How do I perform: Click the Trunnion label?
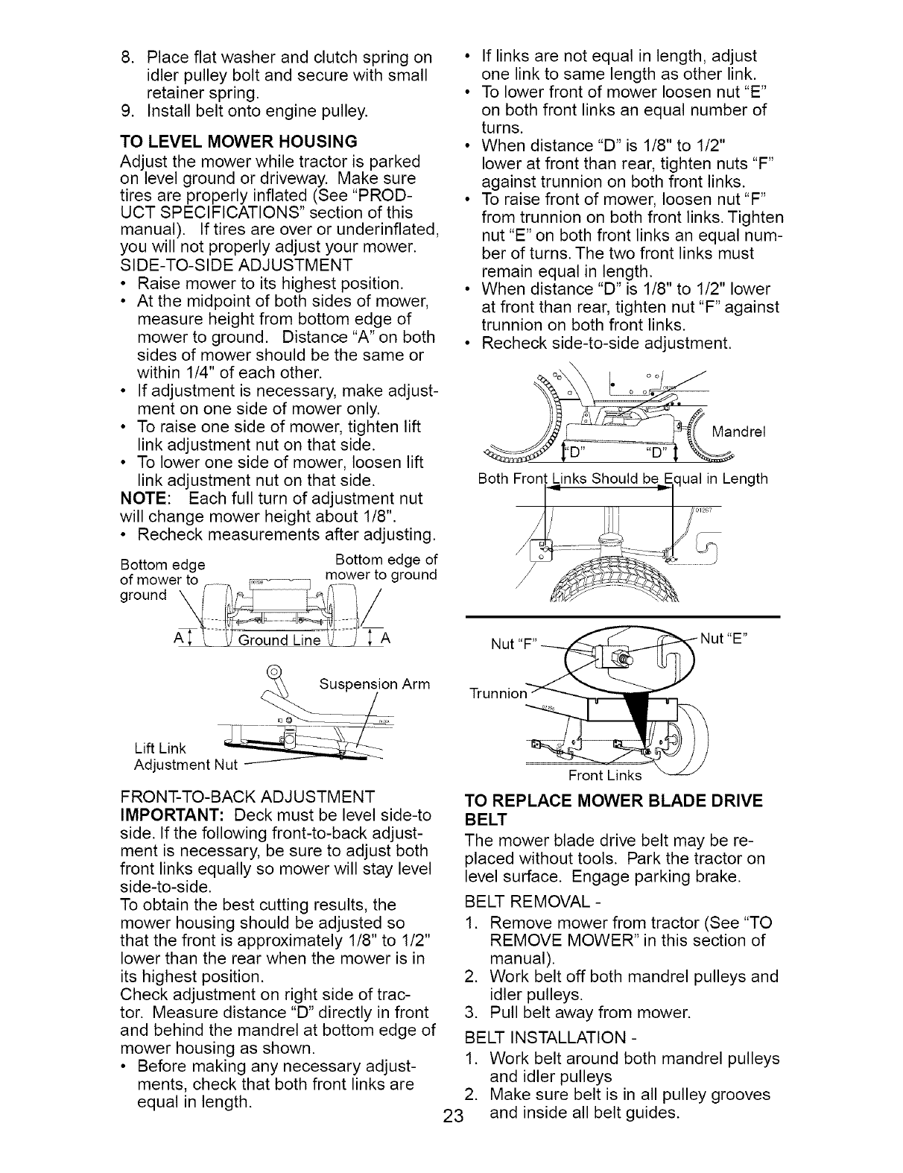[498, 693]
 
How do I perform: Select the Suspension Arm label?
[374, 684]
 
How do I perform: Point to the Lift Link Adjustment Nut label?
[185, 756]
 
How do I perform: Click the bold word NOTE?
[145, 498]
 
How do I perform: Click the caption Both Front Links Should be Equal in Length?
[622, 478]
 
